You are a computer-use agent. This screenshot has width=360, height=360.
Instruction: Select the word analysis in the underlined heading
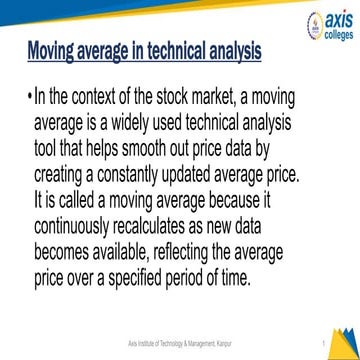226,49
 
